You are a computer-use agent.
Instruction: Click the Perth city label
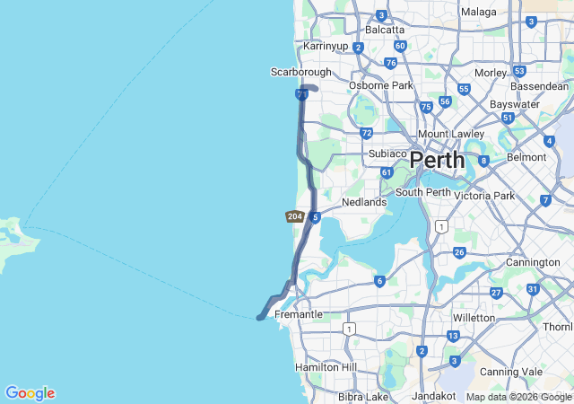(438, 161)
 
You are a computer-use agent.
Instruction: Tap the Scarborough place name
(300, 72)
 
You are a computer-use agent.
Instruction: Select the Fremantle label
(298, 315)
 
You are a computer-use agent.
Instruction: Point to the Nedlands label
(364, 202)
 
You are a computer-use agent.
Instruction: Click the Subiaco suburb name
(387, 154)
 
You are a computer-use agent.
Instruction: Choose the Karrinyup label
(324, 45)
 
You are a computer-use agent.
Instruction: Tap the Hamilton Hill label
(326, 367)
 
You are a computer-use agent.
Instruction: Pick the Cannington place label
(533, 262)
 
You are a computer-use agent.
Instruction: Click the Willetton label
(474, 318)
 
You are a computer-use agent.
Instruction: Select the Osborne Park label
(380, 85)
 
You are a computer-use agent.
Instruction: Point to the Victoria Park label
(484, 195)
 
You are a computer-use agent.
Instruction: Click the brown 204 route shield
(294, 216)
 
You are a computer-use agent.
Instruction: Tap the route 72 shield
(366, 133)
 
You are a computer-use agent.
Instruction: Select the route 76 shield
(390, 63)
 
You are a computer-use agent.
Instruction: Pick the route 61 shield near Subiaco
(387, 172)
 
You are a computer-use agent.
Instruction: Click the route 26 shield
(459, 252)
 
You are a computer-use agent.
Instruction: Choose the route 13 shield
(453, 336)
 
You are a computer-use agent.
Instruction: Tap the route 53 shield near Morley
(520, 71)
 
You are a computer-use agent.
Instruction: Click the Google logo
(30, 393)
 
